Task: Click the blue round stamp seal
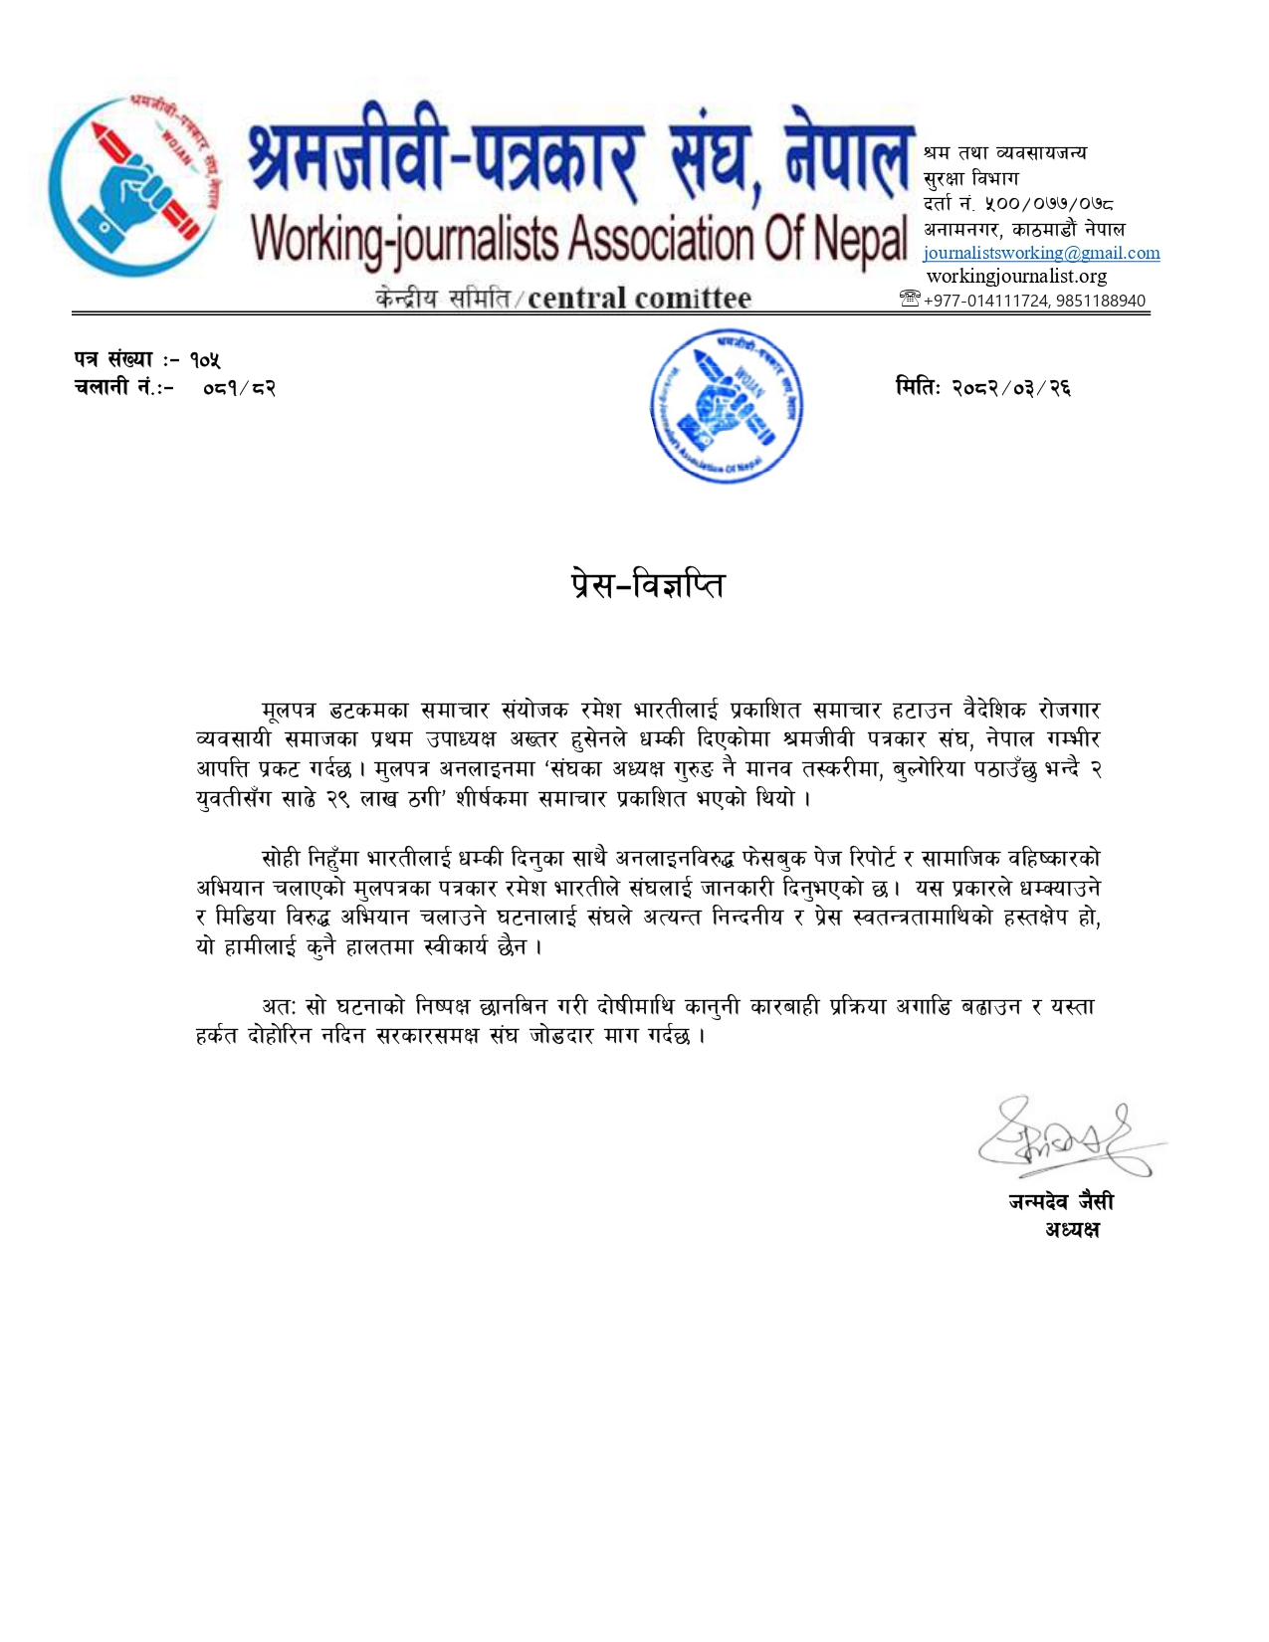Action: click(x=728, y=408)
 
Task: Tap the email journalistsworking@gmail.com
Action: click(x=1041, y=253)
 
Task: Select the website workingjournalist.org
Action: click(x=1016, y=276)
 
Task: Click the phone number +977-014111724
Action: click(x=985, y=301)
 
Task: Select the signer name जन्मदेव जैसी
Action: click(x=1060, y=1202)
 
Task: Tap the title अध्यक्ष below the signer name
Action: click(x=1072, y=1230)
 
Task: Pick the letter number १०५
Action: click(x=206, y=360)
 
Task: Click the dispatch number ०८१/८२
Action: click(x=239, y=388)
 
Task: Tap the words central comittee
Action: click(x=639, y=298)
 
